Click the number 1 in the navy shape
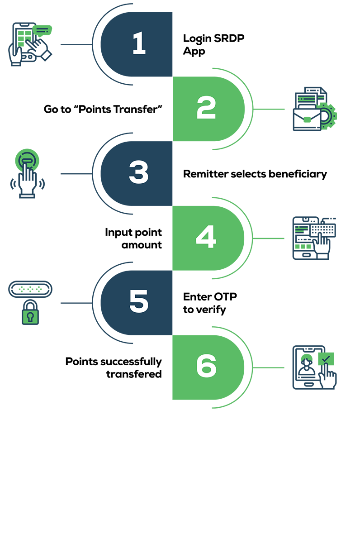[139, 44]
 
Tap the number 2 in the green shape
[206, 109]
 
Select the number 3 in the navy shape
[139, 173]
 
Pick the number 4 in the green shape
[206, 238]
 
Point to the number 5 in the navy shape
[139, 302]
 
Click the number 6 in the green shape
[206, 367]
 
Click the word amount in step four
[142, 245]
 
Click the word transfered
[134, 374]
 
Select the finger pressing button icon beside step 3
[27, 173]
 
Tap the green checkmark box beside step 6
[326, 358]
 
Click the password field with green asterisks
[30, 289]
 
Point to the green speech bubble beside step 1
[43, 30]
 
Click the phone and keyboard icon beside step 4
[314, 238]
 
